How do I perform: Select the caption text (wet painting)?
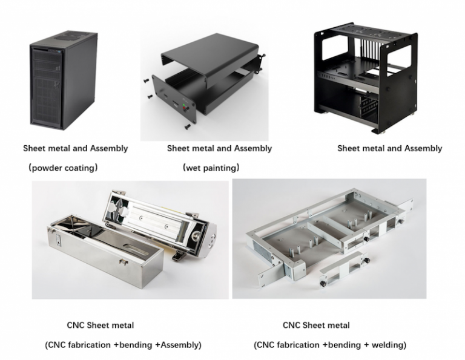[211, 168]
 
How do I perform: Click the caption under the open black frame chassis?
[389, 148]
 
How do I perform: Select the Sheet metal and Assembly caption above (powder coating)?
[75, 148]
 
